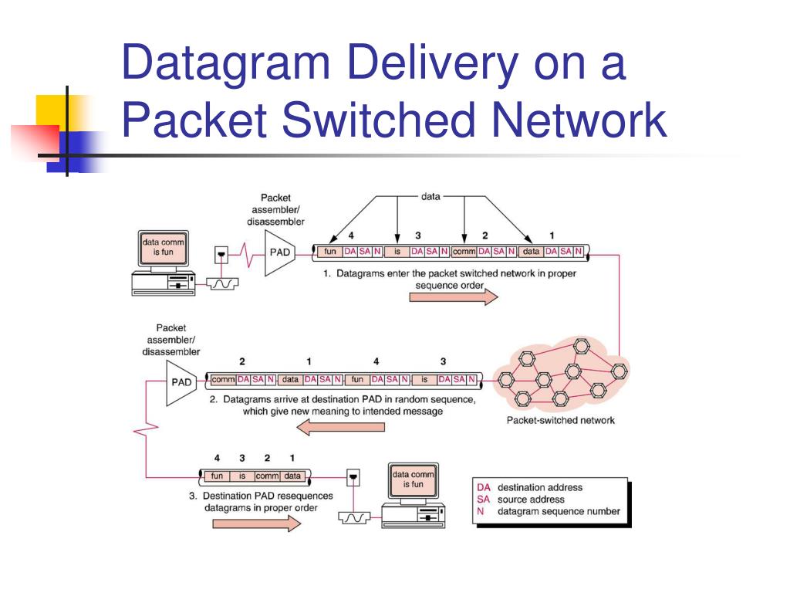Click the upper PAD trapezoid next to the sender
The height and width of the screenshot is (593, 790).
click(x=279, y=253)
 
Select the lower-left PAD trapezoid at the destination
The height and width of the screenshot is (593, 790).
click(x=181, y=383)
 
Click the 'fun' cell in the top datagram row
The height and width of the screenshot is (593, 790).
click(x=330, y=251)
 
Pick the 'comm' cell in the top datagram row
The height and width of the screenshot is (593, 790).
click(x=464, y=251)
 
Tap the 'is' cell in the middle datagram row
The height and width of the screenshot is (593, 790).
click(x=424, y=379)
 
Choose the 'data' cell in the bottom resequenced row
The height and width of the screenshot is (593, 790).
click(x=292, y=476)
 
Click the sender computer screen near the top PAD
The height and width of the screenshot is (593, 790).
click(x=164, y=248)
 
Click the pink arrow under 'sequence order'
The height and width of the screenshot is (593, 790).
click(x=454, y=297)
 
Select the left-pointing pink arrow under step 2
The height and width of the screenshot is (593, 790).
click(x=340, y=428)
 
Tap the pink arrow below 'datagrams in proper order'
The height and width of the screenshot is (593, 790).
click(x=257, y=524)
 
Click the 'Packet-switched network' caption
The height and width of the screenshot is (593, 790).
click(x=561, y=421)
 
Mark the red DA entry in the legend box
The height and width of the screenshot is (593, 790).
click(x=484, y=488)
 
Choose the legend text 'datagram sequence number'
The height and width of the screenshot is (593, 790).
click(x=559, y=511)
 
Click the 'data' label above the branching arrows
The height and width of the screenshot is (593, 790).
click(x=430, y=197)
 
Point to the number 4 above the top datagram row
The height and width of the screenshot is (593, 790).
click(x=351, y=236)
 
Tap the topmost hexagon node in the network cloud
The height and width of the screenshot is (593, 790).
click(x=582, y=347)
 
